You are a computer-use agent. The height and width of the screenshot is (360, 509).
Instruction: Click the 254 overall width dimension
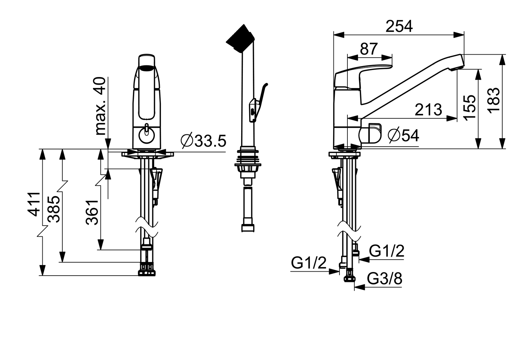click(x=399, y=27)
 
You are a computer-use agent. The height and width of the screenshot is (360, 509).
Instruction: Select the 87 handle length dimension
click(x=369, y=49)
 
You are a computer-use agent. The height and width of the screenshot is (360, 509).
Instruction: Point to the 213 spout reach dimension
click(x=428, y=110)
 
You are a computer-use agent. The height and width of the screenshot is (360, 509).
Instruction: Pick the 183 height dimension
click(x=494, y=101)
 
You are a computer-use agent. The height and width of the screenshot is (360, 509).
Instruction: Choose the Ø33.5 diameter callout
click(x=204, y=141)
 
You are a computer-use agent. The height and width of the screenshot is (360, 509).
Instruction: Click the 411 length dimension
click(x=34, y=204)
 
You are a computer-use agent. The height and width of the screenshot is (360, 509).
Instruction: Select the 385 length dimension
click(x=54, y=209)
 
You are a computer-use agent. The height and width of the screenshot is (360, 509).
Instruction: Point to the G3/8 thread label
click(x=384, y=279)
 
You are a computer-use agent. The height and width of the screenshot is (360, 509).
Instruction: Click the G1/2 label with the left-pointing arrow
click(x=386, y=251)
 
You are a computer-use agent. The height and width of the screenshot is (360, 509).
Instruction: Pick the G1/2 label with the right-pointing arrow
click(x=308, y=263)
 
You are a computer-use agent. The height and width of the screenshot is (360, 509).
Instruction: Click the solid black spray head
click(x=241, y=39)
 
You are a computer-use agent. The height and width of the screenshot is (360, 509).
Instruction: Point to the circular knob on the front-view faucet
click(x=147, y=136)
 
